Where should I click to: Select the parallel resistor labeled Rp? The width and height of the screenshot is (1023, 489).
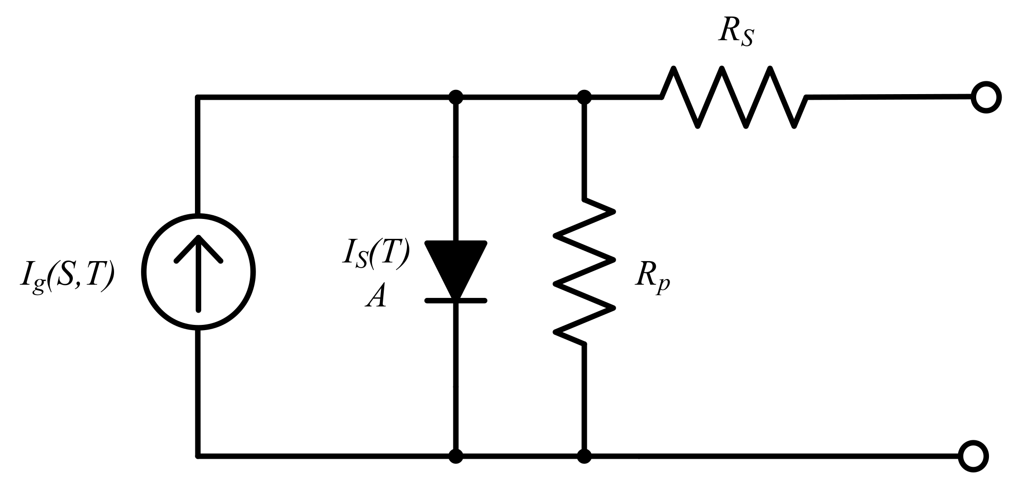pos(585,272)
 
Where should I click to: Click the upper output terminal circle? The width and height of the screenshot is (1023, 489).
pos(986,97)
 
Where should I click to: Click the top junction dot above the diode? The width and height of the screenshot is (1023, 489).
pos(456,97)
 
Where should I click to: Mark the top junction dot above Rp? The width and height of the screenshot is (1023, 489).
pos(585,97)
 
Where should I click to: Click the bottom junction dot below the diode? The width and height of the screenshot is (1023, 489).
pos(456,457)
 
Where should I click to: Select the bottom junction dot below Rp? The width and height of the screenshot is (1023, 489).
pos(585,457)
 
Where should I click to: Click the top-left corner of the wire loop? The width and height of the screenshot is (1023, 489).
pos(199,98)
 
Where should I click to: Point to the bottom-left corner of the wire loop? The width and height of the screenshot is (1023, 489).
pos(199,456)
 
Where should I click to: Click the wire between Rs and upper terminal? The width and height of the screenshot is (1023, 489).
pos(890,97)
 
